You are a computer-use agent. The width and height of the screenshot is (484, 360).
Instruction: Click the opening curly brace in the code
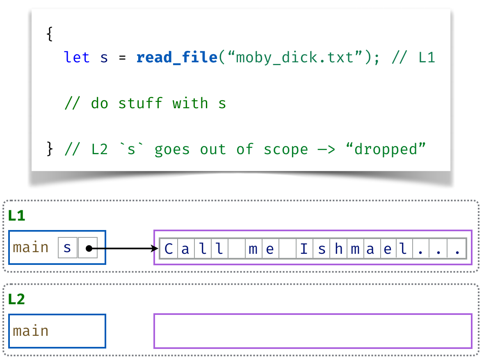[x=50, y=34]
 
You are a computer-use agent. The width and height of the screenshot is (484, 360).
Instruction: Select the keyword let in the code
[x=77, y=57]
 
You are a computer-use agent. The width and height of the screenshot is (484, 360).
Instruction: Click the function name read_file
[x=176, y=57]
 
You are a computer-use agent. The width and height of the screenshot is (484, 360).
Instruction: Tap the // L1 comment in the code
[x=413, y=57]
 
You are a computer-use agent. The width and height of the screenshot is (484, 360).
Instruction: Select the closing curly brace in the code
[x=50, y=149]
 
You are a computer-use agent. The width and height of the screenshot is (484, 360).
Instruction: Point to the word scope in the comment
[x=285, y=149]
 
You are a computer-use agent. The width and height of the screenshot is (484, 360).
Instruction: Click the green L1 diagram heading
[x=16, y=216]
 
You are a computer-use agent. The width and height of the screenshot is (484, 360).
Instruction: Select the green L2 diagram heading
[x=16, y=299]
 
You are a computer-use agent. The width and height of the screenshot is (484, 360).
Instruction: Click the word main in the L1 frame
[x=31, y=248]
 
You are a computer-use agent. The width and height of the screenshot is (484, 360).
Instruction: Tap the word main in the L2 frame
[x=31, y=331]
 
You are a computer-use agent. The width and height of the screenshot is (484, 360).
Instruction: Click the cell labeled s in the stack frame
[x=68, y=248]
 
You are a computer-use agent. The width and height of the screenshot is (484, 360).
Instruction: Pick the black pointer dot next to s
[x=88, y=248]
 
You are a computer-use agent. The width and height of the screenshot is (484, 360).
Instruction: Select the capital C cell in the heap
[x=168, y=248]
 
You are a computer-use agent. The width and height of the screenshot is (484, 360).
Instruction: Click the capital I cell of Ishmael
[x=304, y=248]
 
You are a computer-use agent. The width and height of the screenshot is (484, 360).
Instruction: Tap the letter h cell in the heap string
[x=338, y=248]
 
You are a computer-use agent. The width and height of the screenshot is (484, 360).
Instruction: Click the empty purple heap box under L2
[x=313, y=331]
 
